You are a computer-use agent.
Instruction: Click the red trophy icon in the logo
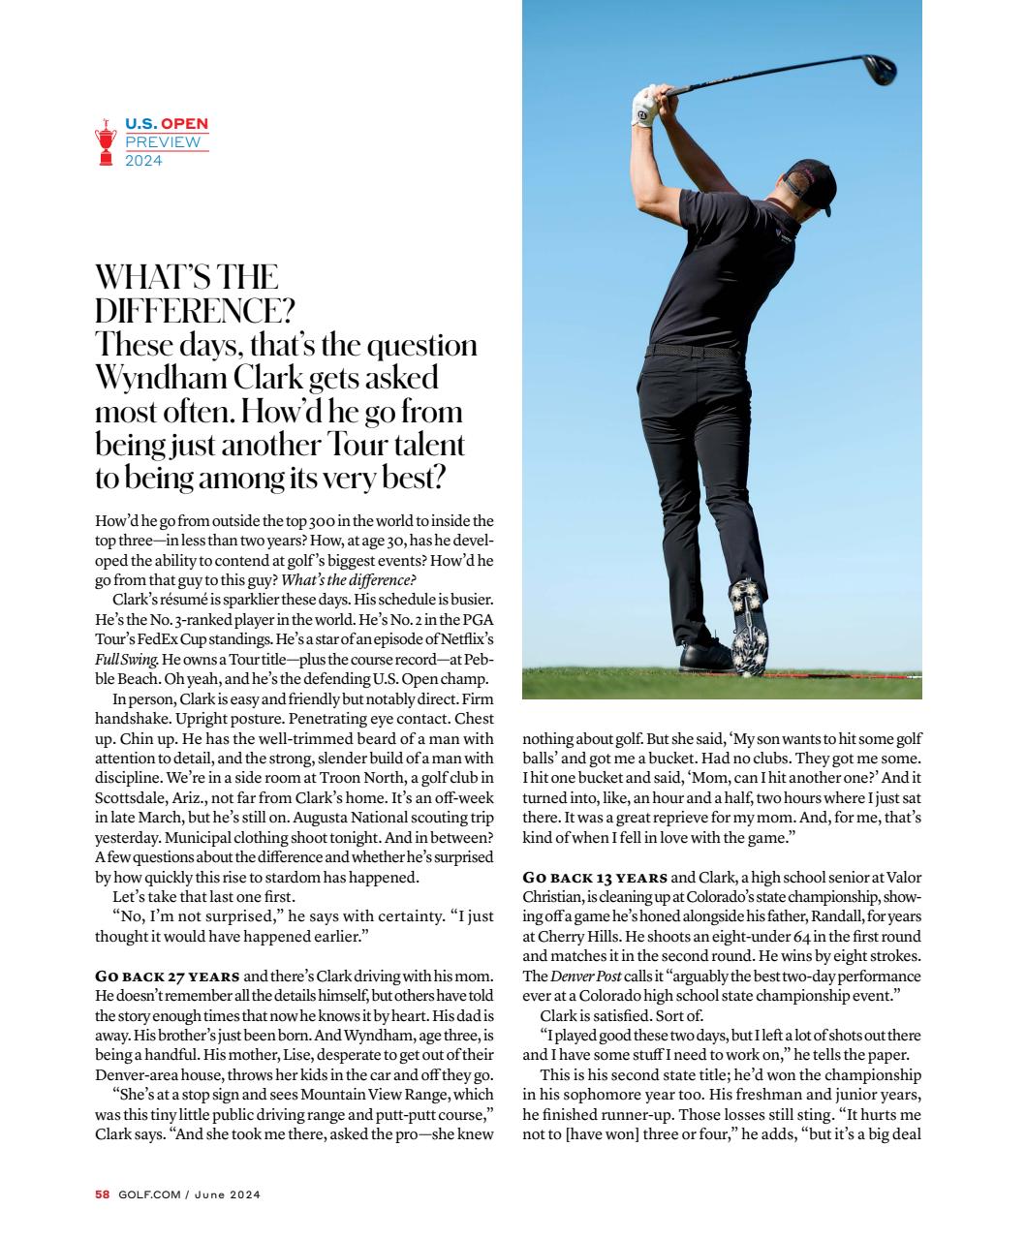pyautogui.click(x=106, y=142)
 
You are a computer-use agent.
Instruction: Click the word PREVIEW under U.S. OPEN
pyautogui.click(x=163, y=142)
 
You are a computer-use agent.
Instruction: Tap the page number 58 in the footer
pyautogui.click(x=102, y=1194)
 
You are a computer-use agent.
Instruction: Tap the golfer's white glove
pyautogui.click(x=644, y=107)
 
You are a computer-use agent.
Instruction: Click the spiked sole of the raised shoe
pyautogui.click(x=749, y=615)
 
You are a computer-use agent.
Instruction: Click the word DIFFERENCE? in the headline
pyautogui.click(x=194, y=311)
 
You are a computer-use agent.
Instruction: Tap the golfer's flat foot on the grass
pyautogui.click(x=707, y=659)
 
